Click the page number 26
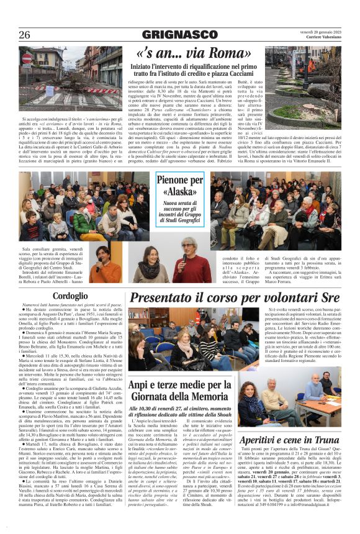25,34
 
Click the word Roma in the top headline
222,54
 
